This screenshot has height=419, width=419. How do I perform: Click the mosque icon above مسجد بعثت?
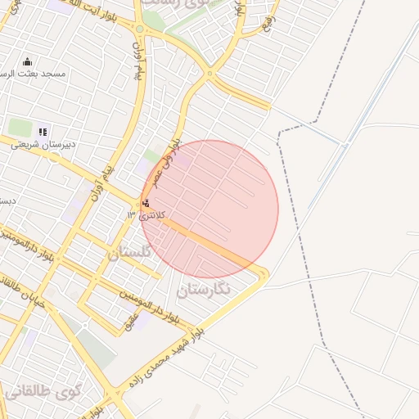(27, 61)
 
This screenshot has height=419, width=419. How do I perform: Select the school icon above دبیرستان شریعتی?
(43, 131)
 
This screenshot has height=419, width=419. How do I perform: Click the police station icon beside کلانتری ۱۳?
(146, 202)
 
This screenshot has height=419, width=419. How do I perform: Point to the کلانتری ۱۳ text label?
(146, 214)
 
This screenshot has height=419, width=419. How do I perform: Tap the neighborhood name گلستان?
(129, 253)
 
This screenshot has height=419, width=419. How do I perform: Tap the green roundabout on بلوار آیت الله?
(139, 29)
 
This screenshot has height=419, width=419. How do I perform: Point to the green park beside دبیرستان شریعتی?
(19, 128)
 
